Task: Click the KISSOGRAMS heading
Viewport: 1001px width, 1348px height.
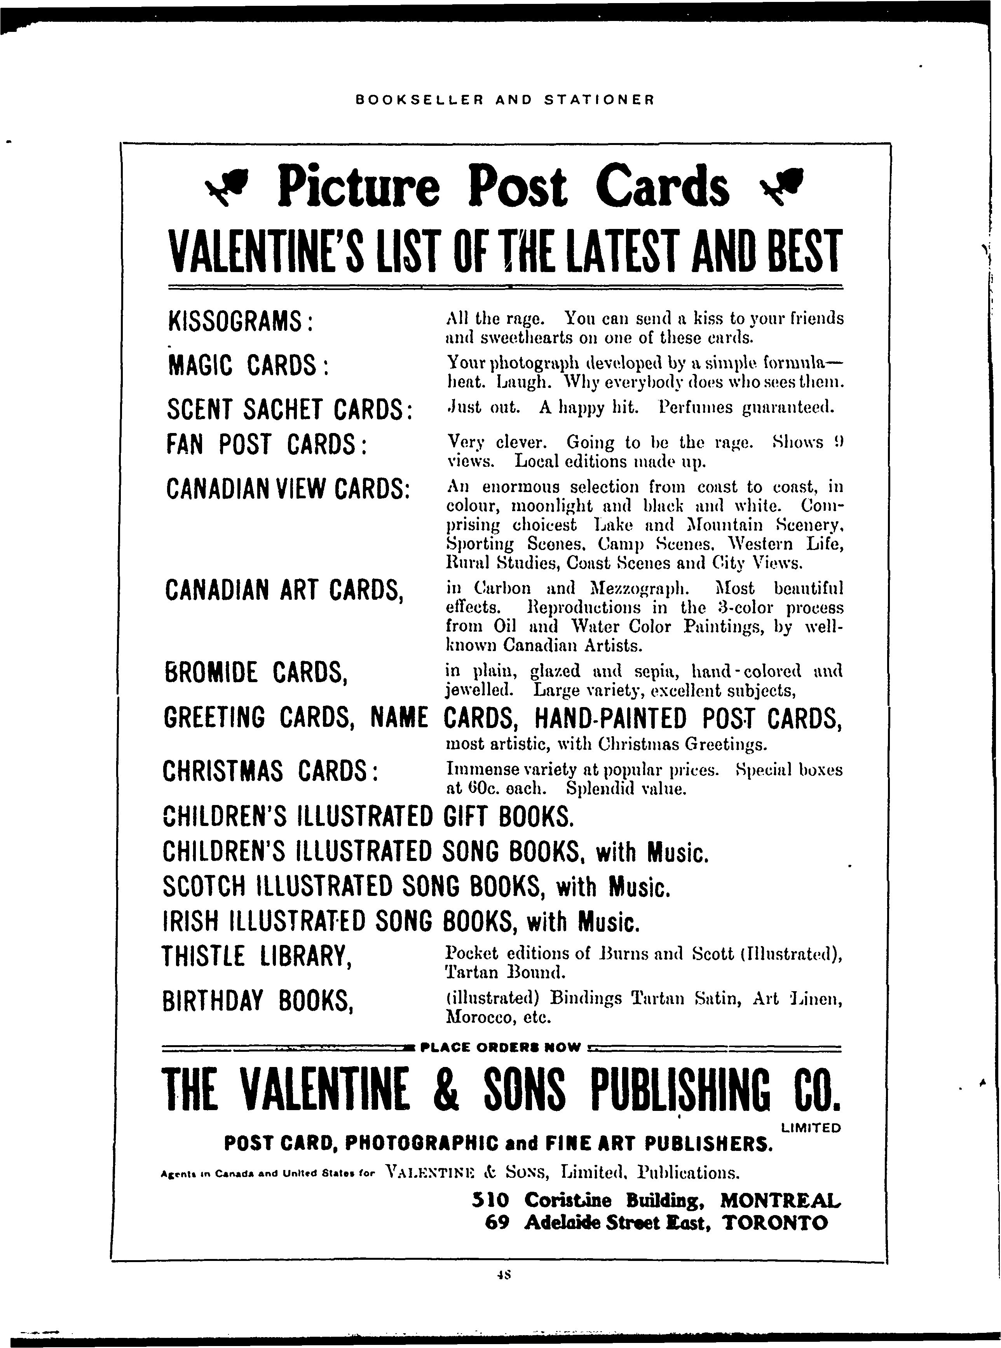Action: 239,321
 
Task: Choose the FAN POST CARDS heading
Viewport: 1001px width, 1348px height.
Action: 266,445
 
